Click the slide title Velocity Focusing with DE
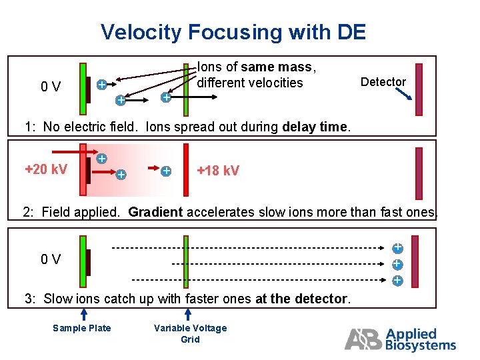233,32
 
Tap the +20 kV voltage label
45,169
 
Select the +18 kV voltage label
219,171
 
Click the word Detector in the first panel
383,82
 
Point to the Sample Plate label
82,328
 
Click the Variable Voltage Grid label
190,333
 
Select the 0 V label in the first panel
51,87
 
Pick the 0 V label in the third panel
51,259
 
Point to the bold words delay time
313,127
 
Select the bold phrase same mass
277,67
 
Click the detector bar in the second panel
419,173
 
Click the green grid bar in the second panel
187,170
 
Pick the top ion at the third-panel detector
397,248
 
